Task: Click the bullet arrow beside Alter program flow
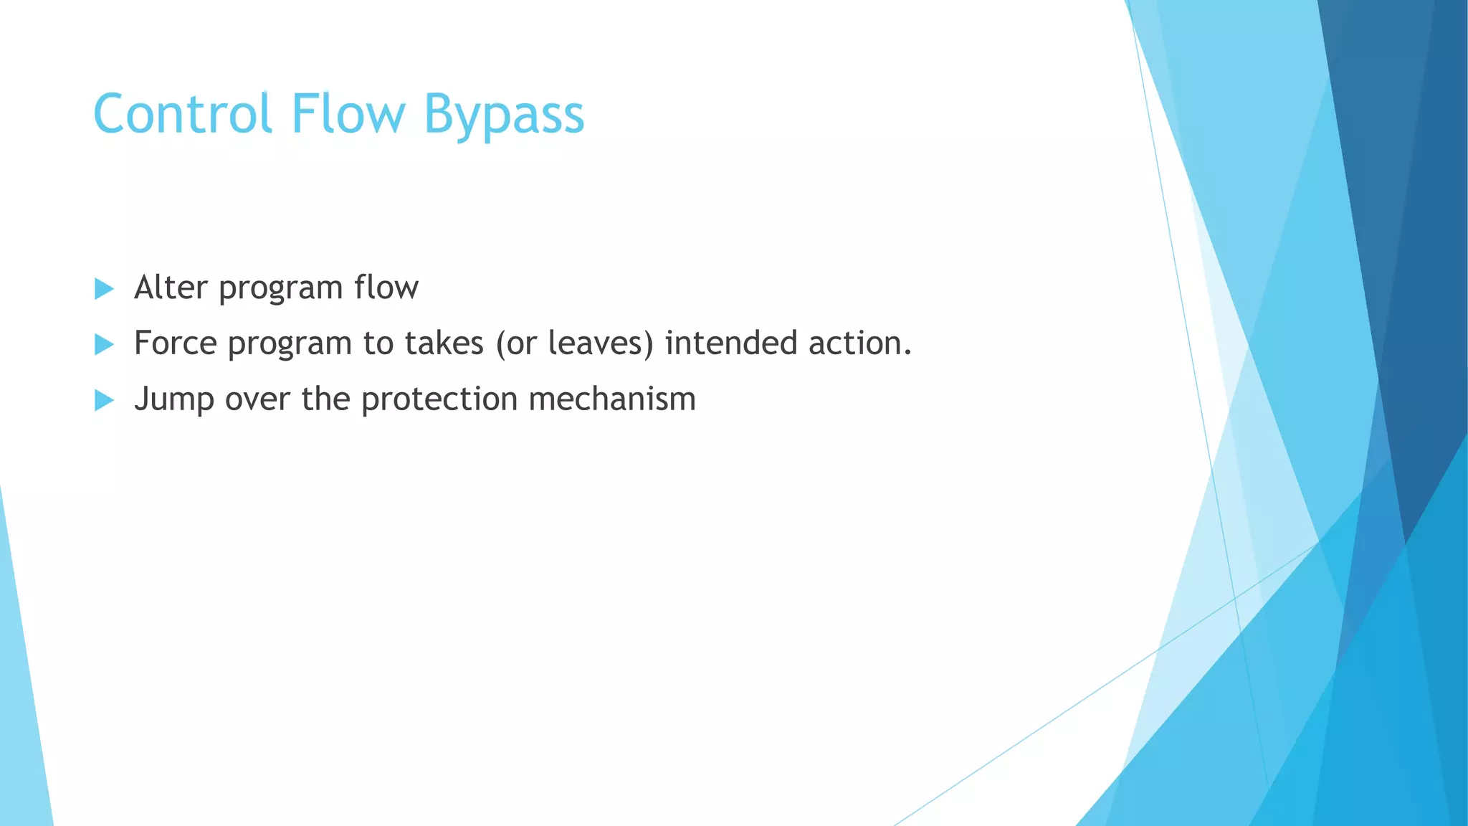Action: tap(105, 290)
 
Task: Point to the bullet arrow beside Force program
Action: tap(105, 345)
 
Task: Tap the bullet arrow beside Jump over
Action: tap(105, 401)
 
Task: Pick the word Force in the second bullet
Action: tap(175, 343)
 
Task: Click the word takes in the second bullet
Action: tap(444, 343)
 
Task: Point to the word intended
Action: tap(731, 343)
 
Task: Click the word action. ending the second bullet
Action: tap(860, 343)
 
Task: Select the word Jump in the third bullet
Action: tap(173, 399)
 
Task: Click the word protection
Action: tap(439, 399)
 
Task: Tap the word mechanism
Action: tap(612, 399)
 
